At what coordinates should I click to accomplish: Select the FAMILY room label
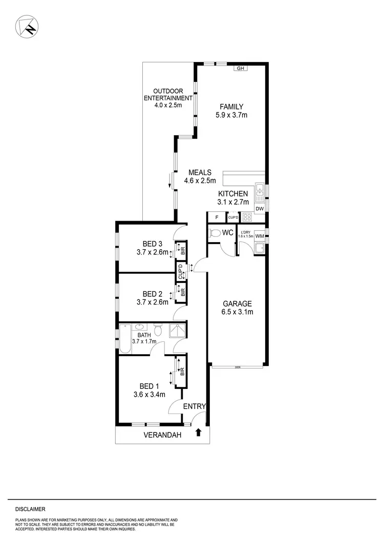coord(231,106)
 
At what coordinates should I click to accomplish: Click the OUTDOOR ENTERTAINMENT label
coord(168,95)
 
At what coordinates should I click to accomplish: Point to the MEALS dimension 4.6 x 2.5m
coord(200,180)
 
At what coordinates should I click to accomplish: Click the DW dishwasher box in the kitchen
coord(259,208)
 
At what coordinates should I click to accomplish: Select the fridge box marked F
coord(217,218)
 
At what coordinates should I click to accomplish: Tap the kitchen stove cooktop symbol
coord(246,217)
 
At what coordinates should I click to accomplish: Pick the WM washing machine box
coord(260,235)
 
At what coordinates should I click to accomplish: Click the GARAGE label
coord(236,303)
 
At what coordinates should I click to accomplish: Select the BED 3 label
coord(152,243)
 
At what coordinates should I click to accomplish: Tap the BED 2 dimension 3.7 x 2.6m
coord(152,302)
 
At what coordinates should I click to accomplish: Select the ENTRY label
coord(195,406)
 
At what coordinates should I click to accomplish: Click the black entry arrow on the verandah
coord(199,433)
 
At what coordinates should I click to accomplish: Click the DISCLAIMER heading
coord(30,509)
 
